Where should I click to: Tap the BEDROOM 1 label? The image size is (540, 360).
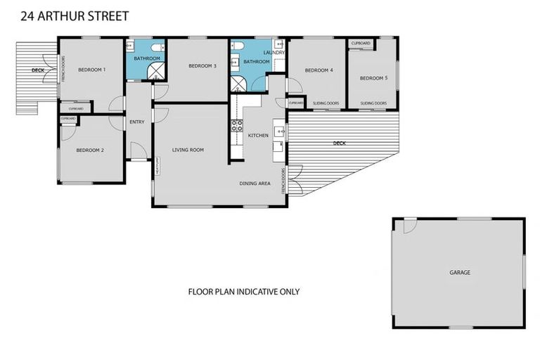click(91, 70)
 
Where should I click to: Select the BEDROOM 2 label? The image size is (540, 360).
click(90, 150)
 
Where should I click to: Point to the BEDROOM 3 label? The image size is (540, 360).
click(202, 66)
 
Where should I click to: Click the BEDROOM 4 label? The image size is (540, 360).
click(319, 70)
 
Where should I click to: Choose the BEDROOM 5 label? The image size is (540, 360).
click(373, 78)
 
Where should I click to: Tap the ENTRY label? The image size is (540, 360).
click(137, 122)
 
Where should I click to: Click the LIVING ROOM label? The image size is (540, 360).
click(188, 150)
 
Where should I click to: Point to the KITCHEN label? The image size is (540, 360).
click(258, 135)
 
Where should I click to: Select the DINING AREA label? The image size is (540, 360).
click(255, 184)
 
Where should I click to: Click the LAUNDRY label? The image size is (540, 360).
click(274, 53)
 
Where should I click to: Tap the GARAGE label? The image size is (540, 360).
click(460, 272)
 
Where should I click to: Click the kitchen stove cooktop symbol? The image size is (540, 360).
click(237, 127)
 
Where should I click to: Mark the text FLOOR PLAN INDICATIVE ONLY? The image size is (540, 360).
click(243, 291)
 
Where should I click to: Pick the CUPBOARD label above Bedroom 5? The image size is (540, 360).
click(361, 44)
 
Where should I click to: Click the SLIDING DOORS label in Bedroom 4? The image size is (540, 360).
click(326, 103)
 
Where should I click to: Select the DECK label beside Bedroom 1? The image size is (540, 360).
click(38, 71)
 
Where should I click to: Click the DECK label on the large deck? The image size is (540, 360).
click(340, 143)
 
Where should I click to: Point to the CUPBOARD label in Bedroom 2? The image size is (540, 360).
click(68, 119)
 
